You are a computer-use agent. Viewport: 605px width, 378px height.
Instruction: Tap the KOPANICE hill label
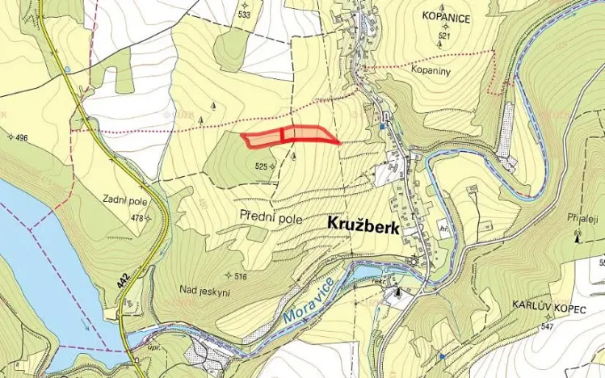coord(447,15)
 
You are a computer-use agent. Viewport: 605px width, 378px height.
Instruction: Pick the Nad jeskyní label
coord(204,292)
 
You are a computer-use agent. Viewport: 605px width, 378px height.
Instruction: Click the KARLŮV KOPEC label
coord(547,308)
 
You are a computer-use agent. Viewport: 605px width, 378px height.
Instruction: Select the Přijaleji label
coord(582,219)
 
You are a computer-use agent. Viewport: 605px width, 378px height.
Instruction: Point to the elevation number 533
coord(243,15)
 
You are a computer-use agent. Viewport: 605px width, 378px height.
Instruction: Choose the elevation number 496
coord(20,138)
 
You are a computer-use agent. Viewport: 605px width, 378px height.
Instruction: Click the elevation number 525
coord(260,166)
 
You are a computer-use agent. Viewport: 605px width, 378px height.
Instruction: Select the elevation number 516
coord(240,277)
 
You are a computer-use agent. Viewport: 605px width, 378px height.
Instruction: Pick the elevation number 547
coord(548,327)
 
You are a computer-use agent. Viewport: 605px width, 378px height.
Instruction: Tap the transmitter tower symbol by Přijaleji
coord(577,236)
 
